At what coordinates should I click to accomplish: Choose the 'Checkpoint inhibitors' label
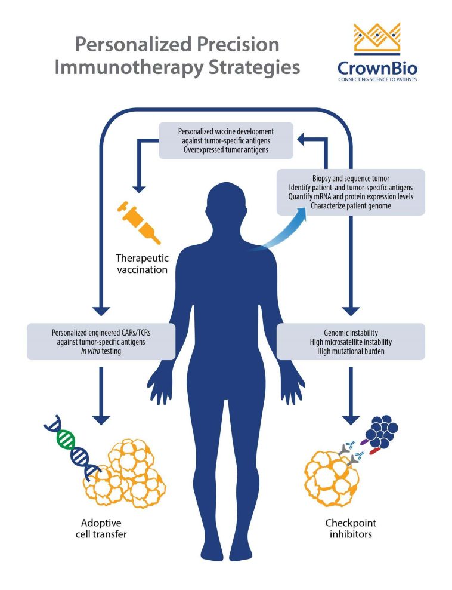[350, 528]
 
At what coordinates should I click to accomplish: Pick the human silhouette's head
[225, 205]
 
